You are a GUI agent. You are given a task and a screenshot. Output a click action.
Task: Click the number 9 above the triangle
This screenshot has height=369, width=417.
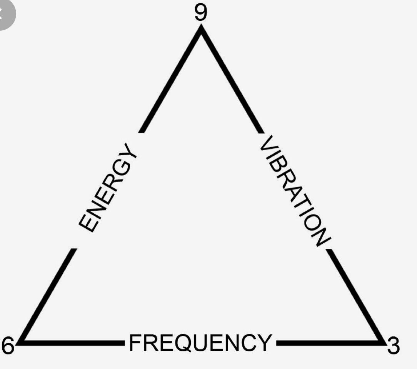(x=200, y=12)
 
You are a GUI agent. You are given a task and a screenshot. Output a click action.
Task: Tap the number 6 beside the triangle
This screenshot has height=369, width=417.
(x=7, y=346)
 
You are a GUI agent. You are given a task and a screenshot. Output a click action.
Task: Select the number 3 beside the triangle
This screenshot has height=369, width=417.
(x=393, y=346)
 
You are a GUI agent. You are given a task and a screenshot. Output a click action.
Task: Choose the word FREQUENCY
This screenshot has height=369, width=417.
(x=199, y=343)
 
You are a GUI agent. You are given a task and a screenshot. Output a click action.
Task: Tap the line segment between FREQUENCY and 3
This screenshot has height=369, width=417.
(x=327, y=341)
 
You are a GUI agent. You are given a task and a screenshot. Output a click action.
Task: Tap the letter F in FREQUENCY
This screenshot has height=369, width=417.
(x=135, y=343)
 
